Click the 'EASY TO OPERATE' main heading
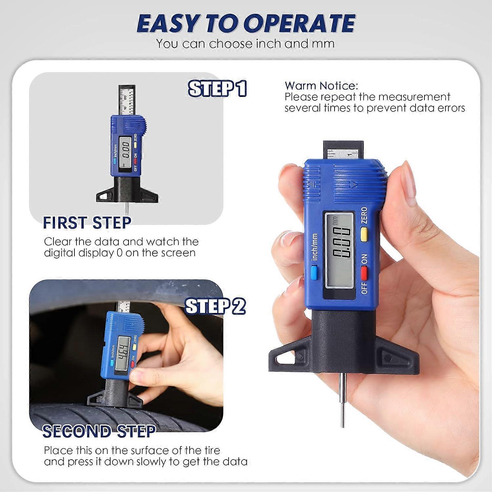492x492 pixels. (x=246, y=24)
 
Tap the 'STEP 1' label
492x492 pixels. (x=217, y=89)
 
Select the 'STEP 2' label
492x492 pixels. (x=215, y=306)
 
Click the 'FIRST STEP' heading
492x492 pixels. (x=87, y=223)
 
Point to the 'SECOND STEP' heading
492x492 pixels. (x=99, y=431)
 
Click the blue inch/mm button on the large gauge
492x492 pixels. (x=315, y=273)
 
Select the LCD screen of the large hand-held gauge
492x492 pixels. (x=339, y=251)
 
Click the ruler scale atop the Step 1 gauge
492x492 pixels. (x=126, y=100)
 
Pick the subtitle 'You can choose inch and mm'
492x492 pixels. (x=245, y=44)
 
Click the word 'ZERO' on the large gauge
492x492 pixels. (x=364, y=215)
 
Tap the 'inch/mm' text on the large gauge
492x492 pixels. (x=315, y=247)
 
